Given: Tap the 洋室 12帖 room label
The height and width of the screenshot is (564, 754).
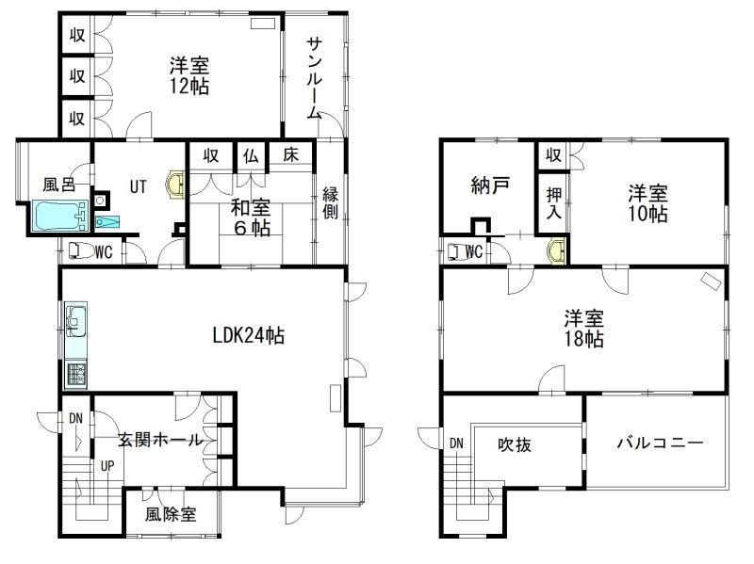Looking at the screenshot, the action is click(189, 76).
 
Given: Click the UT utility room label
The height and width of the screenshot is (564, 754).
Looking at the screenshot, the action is click(138, 186).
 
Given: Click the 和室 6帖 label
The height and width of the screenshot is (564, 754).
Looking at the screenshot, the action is click(251, 218).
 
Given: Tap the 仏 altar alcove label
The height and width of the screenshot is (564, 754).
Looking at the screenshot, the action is click(251, 155).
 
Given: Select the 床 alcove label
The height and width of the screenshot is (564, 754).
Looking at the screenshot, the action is click(290, 154).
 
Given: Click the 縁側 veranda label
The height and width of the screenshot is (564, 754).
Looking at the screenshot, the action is click(330, 202).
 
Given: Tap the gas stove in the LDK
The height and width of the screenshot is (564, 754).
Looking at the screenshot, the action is click(75, 374).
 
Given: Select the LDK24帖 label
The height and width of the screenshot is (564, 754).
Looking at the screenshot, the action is click(249, 335).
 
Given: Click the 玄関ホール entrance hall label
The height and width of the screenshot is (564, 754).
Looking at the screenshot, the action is click(160, 439).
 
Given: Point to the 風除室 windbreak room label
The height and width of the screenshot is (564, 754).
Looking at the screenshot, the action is click(171, 514).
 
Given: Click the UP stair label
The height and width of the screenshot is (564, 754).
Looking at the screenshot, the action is click(107, 465).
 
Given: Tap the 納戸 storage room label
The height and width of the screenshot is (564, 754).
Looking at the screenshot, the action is click(489, 185).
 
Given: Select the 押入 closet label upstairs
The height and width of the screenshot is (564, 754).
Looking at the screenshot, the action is click(554, 203).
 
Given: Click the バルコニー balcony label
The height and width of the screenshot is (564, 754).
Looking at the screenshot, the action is click(660, 442).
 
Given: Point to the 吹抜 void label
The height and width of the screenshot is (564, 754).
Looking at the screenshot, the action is click(514, 444).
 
